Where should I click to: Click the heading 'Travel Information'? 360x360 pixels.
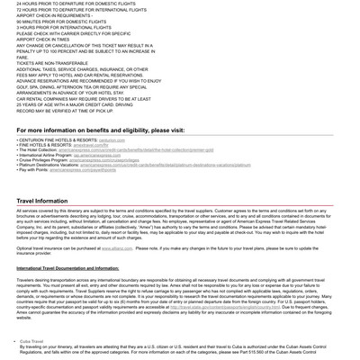[42, 202]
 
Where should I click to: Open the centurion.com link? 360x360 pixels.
[112, 140]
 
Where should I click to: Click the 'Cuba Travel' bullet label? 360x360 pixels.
[31, 341]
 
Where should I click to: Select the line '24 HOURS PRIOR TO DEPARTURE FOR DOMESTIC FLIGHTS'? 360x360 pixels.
[76, 4]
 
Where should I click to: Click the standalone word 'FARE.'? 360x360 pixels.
[22, 56]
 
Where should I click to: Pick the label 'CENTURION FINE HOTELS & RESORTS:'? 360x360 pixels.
[58, 140]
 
